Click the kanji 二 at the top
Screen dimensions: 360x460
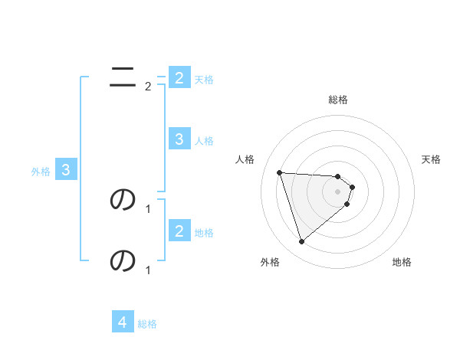(123, 75)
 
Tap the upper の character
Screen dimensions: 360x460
(123, 199)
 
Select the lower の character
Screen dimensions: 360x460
(123, 260)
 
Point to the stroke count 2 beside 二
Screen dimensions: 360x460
(148, 86)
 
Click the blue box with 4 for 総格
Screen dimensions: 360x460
(123, 322)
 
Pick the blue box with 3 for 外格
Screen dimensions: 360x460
(66, 170)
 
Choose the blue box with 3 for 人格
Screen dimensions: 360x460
(179, 139)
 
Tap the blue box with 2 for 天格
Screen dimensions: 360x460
(179, 77)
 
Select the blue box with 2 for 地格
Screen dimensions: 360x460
(179, 231)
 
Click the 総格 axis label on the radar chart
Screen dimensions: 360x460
(338, 100)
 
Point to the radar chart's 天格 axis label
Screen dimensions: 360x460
(432, 159)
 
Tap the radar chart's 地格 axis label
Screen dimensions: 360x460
(402, 262)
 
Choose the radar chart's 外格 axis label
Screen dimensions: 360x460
(270, 262)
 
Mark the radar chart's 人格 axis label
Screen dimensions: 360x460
(245, 159)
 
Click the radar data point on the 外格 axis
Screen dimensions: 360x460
(301, 242)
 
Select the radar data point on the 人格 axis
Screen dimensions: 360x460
(279, 172)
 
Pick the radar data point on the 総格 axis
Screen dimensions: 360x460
(338, 177)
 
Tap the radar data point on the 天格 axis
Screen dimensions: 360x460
(352, 187)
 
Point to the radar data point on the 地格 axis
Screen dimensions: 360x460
(347, 204)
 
